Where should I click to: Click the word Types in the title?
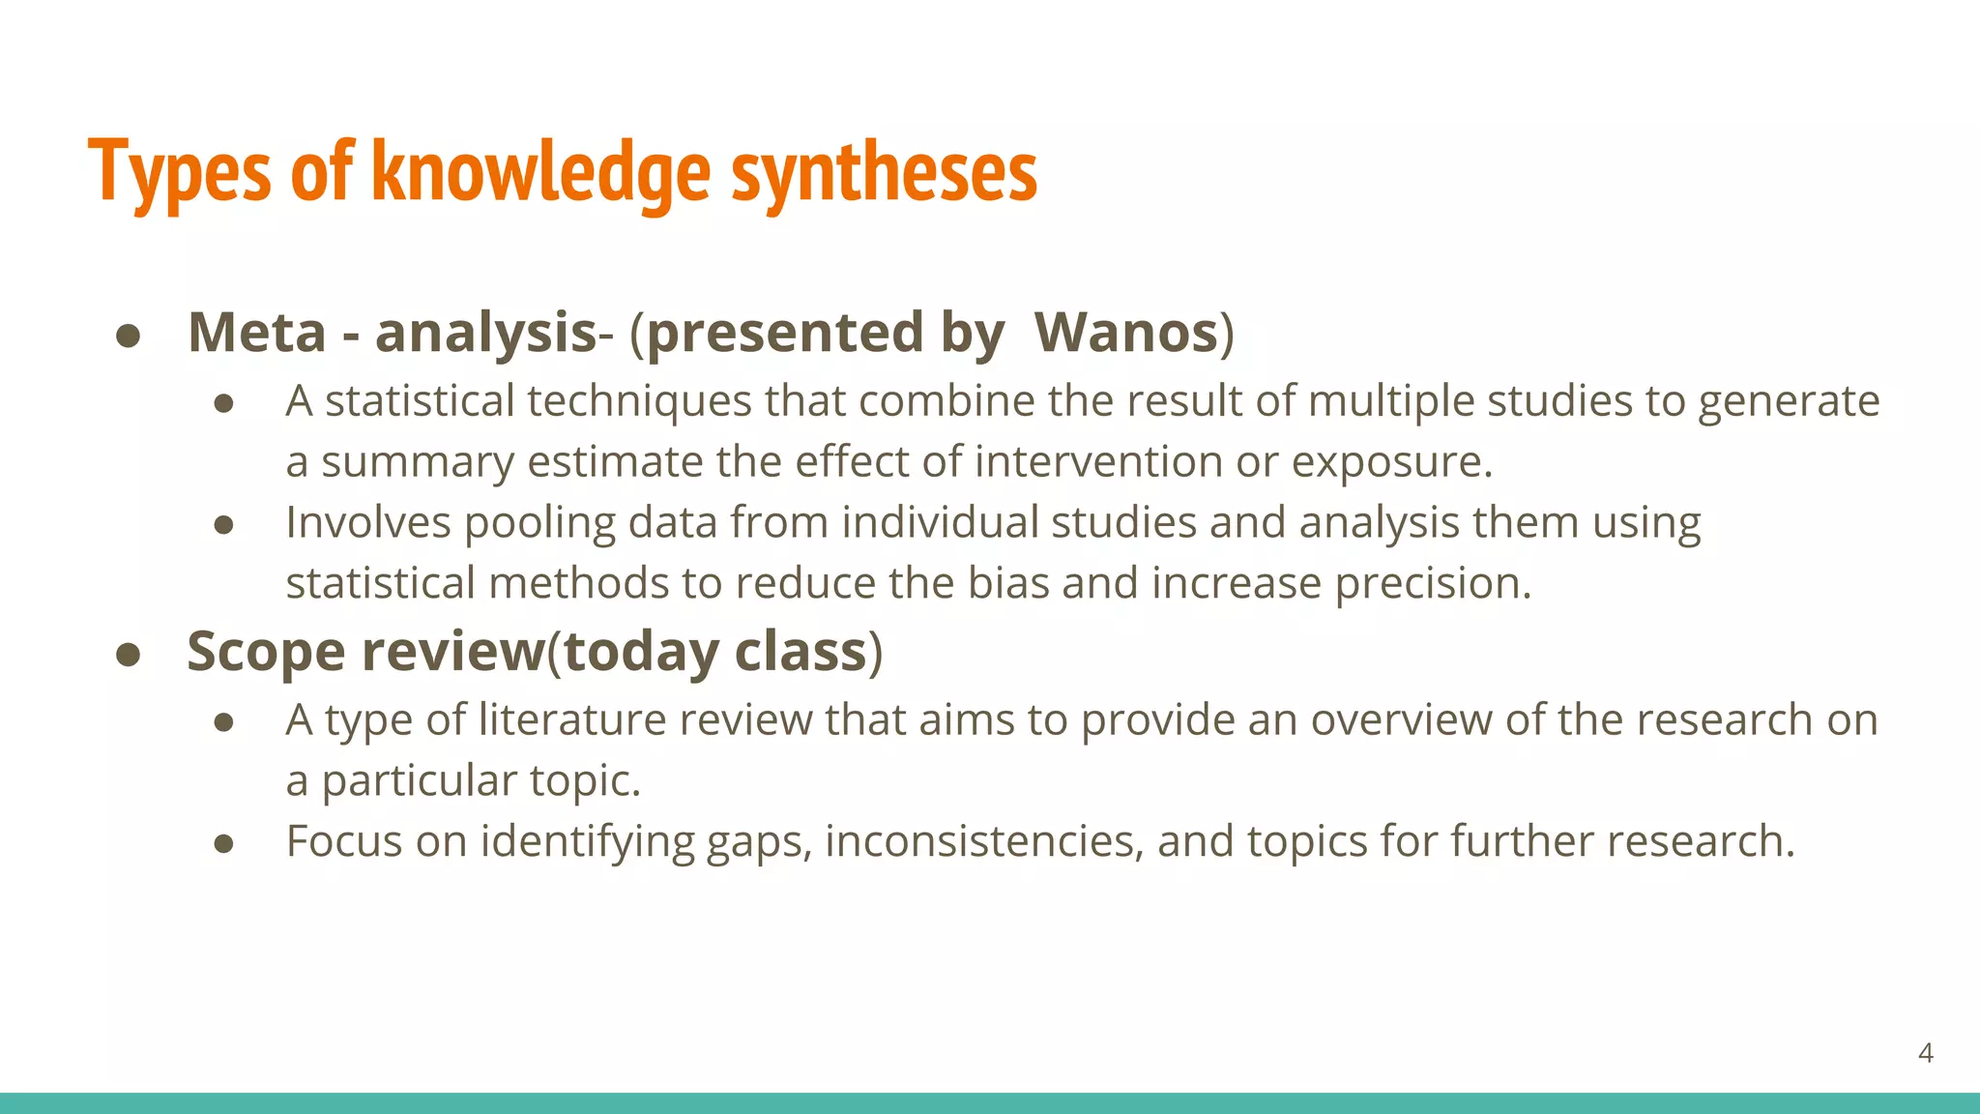(181, 172)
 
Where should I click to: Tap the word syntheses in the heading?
(884, 172)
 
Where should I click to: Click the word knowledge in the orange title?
(541, 172)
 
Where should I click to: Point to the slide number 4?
(1925, 1053)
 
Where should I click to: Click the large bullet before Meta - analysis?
(129, 337)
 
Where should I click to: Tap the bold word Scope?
(266, 652)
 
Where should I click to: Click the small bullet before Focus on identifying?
(224, 844)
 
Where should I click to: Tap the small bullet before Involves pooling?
(224, 525)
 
